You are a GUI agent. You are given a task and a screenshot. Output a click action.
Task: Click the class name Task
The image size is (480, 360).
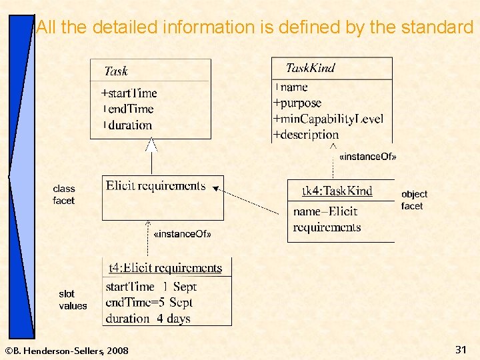(x=116, y=71)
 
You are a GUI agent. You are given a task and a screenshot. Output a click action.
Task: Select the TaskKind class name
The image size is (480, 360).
(x=310, y=67)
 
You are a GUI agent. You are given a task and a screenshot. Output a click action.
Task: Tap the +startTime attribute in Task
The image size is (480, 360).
(x=129, y=93)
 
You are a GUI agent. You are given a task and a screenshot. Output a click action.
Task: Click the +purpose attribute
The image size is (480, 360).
(x=297, y=103)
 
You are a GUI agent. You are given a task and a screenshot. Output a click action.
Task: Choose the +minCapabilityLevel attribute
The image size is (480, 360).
(x=328, y=119)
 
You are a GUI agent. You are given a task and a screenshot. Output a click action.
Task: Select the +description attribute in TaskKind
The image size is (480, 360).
(x=306, y=134)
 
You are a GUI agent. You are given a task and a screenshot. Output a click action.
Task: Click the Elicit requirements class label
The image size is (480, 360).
(x=156, y=185)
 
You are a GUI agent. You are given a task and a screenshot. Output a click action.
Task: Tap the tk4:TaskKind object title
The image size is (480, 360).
(x=337, y=191)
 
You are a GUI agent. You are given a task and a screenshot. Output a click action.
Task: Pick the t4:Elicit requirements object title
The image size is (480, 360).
(x=165, y=268)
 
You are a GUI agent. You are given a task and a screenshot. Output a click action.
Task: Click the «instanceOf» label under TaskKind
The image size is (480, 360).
(x=368, y=157)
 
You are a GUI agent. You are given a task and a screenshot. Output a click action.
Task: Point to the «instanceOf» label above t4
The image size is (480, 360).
(x=182, y=234)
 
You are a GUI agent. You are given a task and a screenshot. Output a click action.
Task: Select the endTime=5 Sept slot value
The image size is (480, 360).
(x=149, y=302)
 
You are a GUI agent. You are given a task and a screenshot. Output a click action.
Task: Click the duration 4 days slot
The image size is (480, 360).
(x=148, y=318)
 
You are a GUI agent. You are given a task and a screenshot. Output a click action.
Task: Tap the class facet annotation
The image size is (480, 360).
(x=64, y=195)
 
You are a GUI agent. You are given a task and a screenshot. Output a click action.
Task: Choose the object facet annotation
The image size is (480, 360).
(x=414, y=200)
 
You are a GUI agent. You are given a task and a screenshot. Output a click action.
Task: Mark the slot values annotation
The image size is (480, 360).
(x=73, y=300)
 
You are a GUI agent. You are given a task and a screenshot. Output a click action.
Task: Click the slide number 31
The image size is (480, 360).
(x=461, y=349)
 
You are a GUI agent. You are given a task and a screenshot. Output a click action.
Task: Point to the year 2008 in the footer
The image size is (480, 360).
(x=117, y=351)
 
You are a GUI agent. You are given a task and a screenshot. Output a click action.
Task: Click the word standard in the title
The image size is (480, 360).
(x=437, y=27)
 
